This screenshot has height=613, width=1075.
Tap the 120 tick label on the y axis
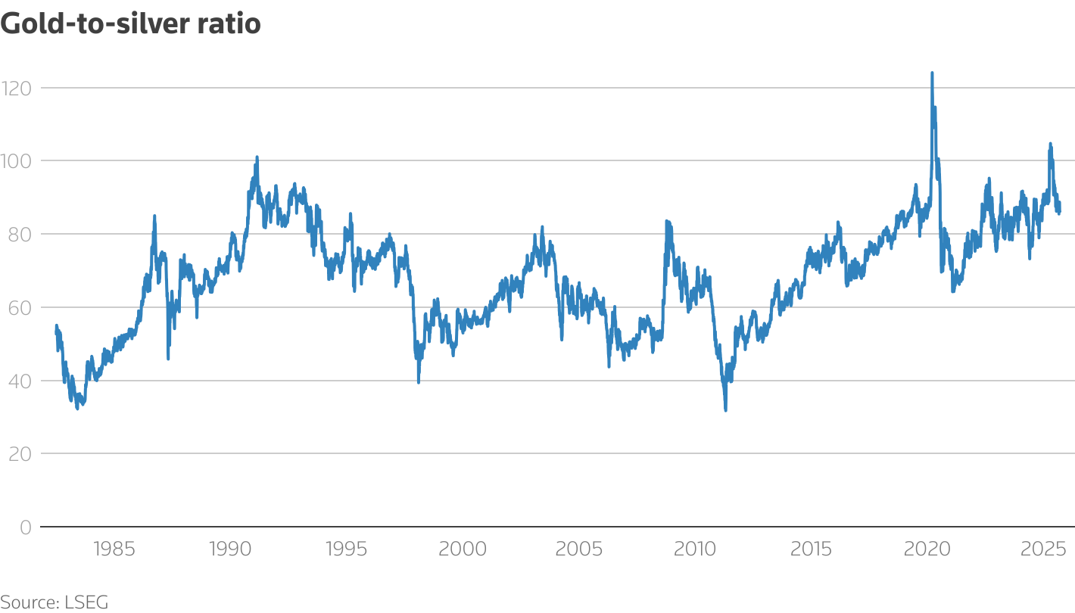pyautogui.click(x=17, y=88)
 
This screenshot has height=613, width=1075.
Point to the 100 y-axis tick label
pyautogui.click(x=17, y=161)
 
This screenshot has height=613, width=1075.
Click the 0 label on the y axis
pyautogui.click(x=25, y=527)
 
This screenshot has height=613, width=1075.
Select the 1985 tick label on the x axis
pyautogui.click(x=114, y=549)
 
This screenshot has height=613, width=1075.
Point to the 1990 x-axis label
pyautogui.click(x=230, y=549)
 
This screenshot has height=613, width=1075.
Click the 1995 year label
pyautogui.click(x=346, y=549)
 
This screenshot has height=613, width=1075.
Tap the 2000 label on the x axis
pyautogui.click(x=463, y=549)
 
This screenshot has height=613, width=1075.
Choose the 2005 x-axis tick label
pyautogui.click(x=579, y=549)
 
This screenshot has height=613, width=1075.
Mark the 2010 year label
pyautogui.click(x=695, y=549)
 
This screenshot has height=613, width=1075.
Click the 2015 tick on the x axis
pyautogui.click(x=812, y=549)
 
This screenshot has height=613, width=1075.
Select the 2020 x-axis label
pyautogui.click(x=928, y=549)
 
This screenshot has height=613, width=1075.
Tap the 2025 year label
pyautogui.click(x=1044, y=549)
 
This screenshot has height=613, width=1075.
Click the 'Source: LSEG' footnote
pyautogui.click(x=55, y=602)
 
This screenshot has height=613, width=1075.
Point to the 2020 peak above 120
pyautogui.click(x=932, y=73)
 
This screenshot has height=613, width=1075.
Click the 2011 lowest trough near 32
pyautogui.click(x=725, y=409)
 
